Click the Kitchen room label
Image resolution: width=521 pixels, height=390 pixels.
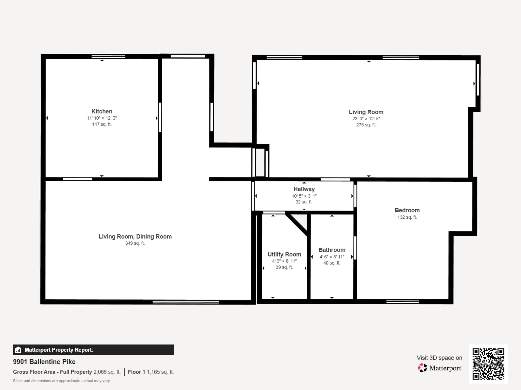[102, 111]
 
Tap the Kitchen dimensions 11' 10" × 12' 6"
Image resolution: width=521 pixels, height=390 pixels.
[102, 118]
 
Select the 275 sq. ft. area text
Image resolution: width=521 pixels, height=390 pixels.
[366, 125]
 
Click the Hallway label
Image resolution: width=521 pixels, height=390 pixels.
[304, 189]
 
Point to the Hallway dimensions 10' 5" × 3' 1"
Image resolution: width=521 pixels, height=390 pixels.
[304, 196]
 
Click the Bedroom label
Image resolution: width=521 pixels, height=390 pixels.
[407, 210]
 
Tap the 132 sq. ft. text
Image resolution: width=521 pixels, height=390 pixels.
[407, 217]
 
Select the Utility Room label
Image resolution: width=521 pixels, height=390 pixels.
[284, 254]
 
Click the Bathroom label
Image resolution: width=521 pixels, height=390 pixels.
[332, 250]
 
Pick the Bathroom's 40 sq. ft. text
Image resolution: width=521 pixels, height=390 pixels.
[331, 263]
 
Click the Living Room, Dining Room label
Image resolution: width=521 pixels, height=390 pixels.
[135, 237]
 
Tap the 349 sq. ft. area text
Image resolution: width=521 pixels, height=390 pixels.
[135, 243]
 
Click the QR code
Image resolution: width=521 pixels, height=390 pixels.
[488, 364]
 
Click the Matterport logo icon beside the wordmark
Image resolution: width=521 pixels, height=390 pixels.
[422, 368]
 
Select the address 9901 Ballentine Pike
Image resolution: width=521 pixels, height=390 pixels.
[44, 362]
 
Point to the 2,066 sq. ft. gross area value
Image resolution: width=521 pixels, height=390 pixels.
[107, 372]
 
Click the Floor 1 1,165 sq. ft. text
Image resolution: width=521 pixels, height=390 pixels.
[151, 372]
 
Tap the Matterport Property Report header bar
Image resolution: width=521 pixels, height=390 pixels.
[93, 350]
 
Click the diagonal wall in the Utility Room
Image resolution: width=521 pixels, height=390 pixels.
[297, 224]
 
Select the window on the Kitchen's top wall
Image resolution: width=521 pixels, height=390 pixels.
[108, 57]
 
